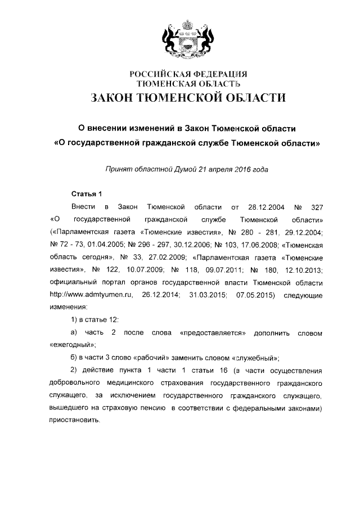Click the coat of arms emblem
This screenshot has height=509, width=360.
point(185,40)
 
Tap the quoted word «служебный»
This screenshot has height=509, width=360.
point(251,358)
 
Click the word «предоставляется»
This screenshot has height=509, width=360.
point(214,332)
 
